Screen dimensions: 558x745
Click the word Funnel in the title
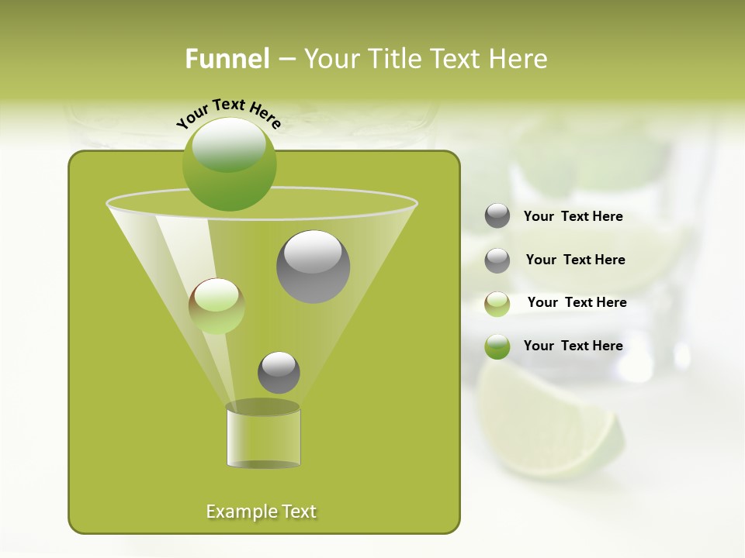[x=227, y=59]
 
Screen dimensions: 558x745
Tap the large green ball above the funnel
[x=229, y=164]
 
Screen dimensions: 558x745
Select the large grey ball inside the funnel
[x=313, y=267]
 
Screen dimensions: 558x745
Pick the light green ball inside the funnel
[x=217, y=306]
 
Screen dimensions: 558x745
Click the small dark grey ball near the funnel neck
[x=279, y=372]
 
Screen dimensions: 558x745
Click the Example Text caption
[x=261, y=511]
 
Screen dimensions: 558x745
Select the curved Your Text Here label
[x=228, y=113]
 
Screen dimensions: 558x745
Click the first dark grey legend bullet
[x=497, y=216]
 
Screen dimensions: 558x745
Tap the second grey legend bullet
[x=497, y=260]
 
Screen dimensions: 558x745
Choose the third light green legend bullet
[x=497, y=304]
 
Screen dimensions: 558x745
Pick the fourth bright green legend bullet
[x=497, y=347]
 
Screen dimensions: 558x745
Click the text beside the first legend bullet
[x=573, y=217]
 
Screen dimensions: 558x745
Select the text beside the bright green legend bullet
[x=573, y=346]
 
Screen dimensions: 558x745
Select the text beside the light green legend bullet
[x=577, y=302]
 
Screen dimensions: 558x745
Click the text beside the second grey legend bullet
[x=575, y=260]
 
